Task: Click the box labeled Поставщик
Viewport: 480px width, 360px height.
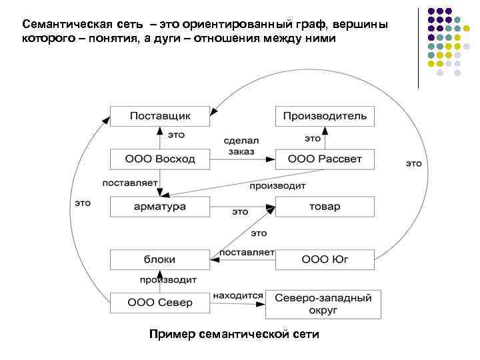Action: tap(160, 116)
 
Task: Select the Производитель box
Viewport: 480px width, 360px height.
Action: tap(325, 116)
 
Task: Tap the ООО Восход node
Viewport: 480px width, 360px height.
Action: tap(160, 159)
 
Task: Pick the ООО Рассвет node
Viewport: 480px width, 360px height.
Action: tap(325, 159)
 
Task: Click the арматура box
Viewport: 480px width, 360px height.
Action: tap(160, 207)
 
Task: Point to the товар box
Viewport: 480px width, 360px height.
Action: tap(325, 207)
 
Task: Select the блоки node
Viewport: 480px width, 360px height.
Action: tap(160, 259)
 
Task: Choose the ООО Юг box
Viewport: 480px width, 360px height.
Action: tap(325, 259)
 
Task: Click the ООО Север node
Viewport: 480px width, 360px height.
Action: tap(160, 303)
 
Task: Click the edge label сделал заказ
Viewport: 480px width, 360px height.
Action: tap(241, 146)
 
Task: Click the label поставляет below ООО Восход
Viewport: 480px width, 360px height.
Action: tap(129, 182)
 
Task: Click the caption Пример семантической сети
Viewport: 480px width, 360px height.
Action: tap(235, 333)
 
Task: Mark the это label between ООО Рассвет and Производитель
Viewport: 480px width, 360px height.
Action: tap(312, 139)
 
